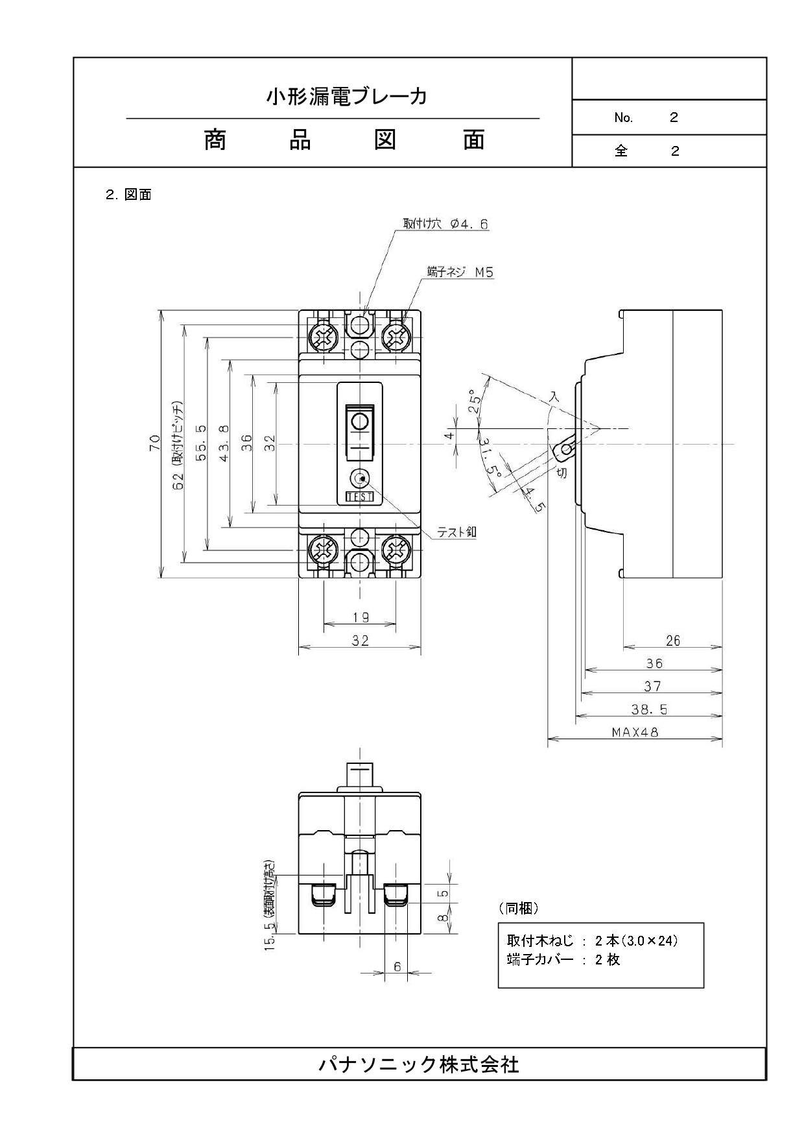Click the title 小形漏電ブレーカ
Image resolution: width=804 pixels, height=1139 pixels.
point(347,97)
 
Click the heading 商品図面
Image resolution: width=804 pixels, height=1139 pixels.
point(344,140)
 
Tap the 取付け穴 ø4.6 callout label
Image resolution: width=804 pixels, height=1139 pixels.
point(445,224)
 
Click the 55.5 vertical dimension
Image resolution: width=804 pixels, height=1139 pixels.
point(200,443)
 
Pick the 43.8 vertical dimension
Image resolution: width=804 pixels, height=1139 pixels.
point(224,443)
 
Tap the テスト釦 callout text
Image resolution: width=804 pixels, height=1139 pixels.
point(456,532)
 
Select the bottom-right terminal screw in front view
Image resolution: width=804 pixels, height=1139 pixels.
point(396,551)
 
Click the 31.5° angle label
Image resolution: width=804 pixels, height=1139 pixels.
point(491,459)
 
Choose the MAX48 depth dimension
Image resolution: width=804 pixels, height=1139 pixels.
point(635,732)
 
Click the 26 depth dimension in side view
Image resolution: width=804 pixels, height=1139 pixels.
point(673,641)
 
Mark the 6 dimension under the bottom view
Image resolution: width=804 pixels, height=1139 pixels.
point(397,967)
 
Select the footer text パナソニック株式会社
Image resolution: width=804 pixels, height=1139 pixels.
point(419,1064)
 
